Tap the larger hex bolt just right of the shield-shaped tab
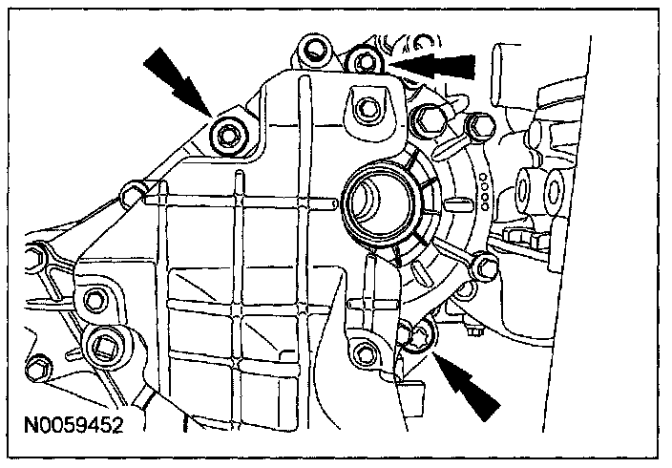pyautogui.click(x=428, y=119)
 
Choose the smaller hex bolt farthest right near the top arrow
pyautogui.click(x=476, y=123)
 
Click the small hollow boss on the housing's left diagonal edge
pyautogui.click(x=132, y=197)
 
